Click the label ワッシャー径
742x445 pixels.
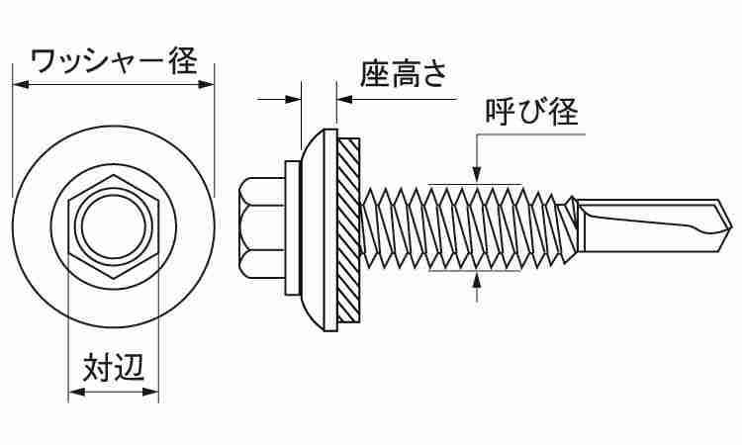pyautogui.click(x=112, y=61)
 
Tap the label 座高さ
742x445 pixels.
pyautogui.click(x=403, y=77)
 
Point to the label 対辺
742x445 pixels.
pyautogui.click(x=114, y=369)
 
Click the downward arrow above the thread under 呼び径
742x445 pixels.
pyautogui.click(x=478, y=175)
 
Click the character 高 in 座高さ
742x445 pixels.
pyautogui.click(x=403, y=77)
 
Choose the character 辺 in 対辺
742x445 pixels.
pyautogui.click(x=131, y=369)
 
